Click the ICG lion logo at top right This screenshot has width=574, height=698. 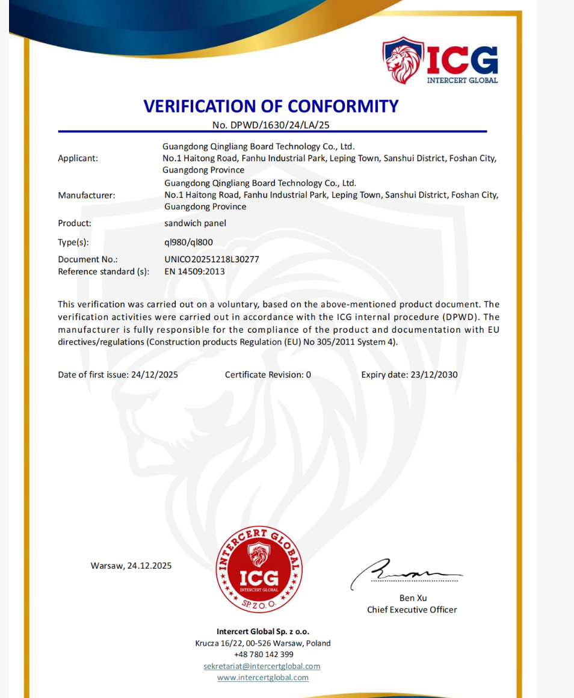click(x=440, y=61)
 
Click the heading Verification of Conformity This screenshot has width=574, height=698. click(x=271, y=106)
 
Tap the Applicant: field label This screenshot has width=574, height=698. click(x=78, y=158)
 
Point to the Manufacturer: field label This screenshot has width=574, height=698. click(x=87, y=195)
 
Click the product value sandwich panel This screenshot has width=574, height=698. click(x=195, y=223)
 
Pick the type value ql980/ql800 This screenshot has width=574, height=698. click(x=188, y=242)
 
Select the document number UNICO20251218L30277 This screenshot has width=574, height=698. click(x=212, y=259)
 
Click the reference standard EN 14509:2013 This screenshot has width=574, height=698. click(x=194, y=271)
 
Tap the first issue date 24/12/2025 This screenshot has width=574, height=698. click(x=155, y=374)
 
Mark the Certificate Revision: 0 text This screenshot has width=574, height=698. click(x=268, y=374)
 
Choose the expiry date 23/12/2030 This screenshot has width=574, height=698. click(x=433, y=374)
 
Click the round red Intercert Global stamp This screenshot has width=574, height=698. click(x=259, y=569)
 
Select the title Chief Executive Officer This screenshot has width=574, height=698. click(x=412, y=610)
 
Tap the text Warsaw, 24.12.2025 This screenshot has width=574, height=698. click(x=131, y=566)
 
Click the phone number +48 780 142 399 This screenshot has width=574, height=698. click(x=264, y=654)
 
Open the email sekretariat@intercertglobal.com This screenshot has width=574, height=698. click(x=262, y=666)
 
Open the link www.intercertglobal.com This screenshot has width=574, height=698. click(x=263, y=678)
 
